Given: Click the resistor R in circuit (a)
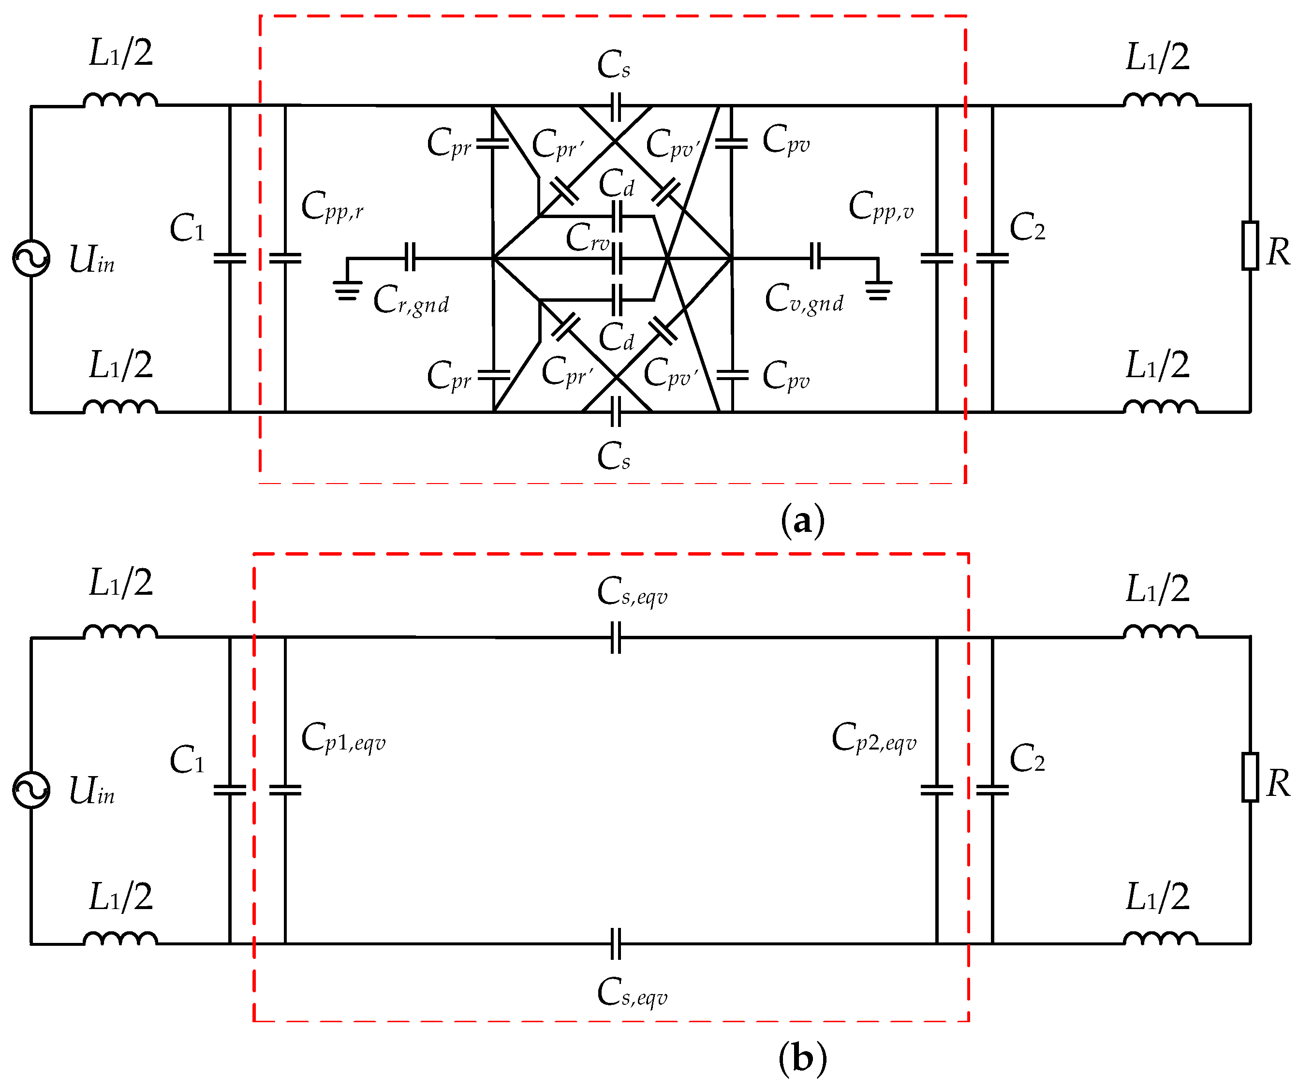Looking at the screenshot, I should [1250, 245].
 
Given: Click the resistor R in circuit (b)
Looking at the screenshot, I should [1250, 777].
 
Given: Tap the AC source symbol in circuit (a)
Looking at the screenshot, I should [31, 258].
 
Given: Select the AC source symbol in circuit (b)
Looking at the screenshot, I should [31, 790].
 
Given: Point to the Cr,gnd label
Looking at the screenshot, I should [411, 301].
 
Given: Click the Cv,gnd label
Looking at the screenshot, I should [804, 300].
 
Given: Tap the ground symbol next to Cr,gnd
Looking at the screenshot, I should [347, 289].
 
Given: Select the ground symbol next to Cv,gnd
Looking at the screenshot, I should [878, 289].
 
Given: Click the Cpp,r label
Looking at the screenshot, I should [332, 207].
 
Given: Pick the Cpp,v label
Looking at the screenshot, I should [881, 207].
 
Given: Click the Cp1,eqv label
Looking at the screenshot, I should [343, 738].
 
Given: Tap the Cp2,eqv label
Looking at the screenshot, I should [873, 738].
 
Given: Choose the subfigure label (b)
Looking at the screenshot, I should [802, 1058].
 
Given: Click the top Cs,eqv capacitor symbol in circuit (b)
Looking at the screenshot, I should [616, 638].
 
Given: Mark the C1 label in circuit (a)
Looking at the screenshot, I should [187, 229].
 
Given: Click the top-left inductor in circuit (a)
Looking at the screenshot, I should [120, 100].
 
